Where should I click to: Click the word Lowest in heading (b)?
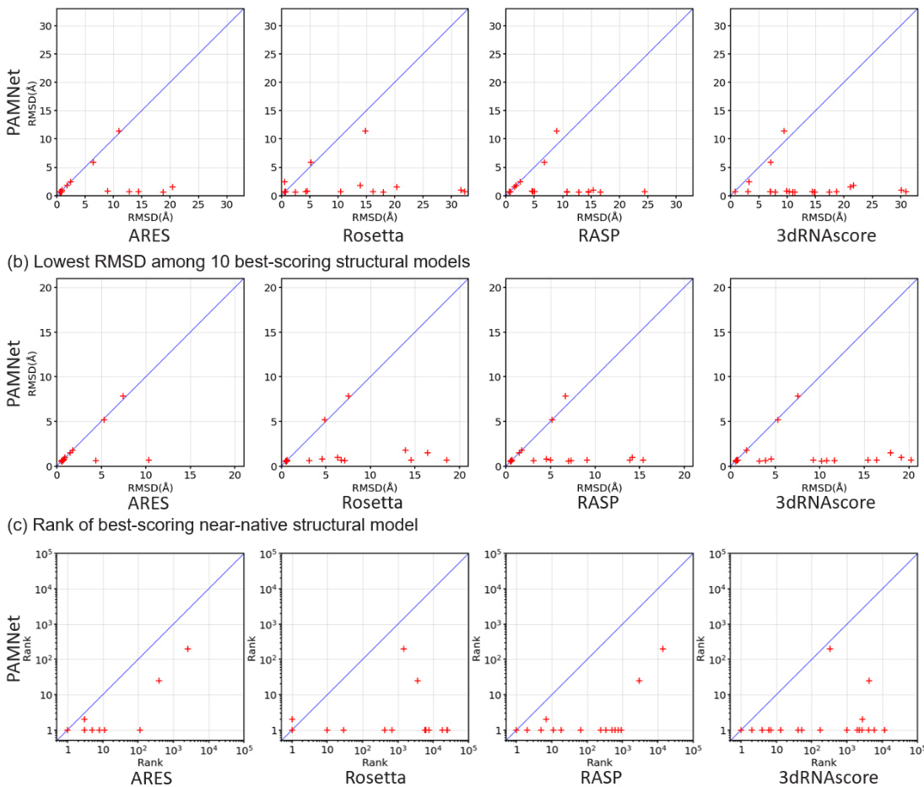click(x=51, y=261)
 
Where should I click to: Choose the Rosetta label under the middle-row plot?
click(x=374, y=504)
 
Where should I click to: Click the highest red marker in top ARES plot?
click(x=119, y=131)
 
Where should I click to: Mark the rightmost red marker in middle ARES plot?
click(x=149, y=460)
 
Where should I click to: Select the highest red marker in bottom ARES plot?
click(x=187, y=649)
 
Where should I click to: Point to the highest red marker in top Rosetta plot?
click(x=365, y=131)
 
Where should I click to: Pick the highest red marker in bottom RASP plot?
click(x=662, y=649)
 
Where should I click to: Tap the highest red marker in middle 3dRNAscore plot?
click(x=797, y=396)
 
